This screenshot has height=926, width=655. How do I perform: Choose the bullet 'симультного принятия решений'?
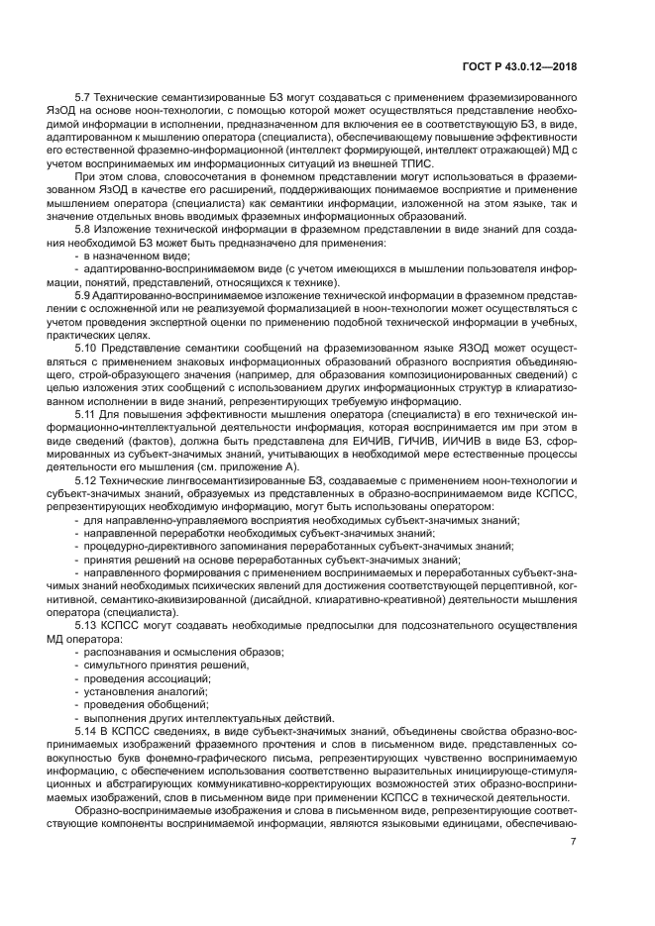(x=159, y=663)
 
